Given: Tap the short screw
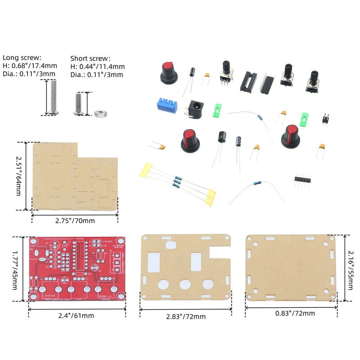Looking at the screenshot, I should [77, 103].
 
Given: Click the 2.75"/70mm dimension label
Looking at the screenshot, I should [75, 221].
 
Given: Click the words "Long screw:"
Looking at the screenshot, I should [22, 58].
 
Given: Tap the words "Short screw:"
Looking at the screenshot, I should [90, 58].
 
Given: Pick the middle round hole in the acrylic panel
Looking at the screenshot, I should [185, 284].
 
